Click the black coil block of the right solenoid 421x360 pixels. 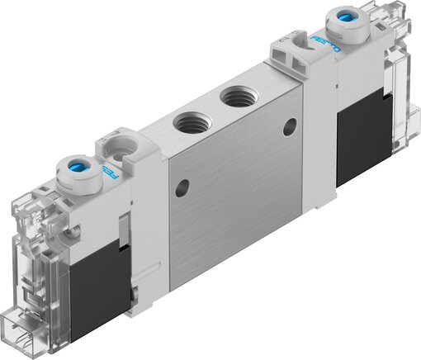coord(361,137)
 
